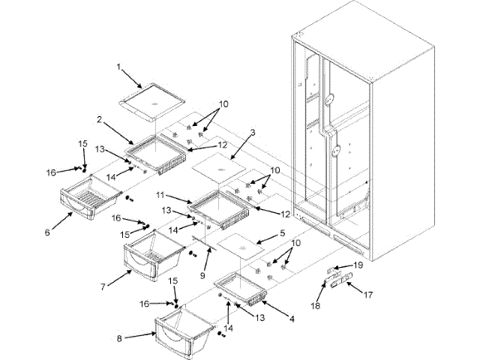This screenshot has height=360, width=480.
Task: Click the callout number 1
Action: click(x=118, y=66)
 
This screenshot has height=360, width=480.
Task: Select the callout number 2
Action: click(x=99, y=119)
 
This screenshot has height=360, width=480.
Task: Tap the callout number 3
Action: click(x=253, y=133)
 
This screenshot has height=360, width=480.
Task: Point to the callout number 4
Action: click(x=291, y=318)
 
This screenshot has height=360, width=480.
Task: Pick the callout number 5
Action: click(x=282, y=233)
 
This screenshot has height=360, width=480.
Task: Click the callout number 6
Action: click(x=47, y=232)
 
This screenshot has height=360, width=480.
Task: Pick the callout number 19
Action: click(x=358, y=265)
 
